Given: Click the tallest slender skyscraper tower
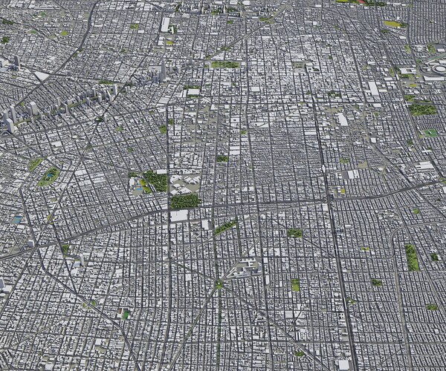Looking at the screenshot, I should pyautogui.click(x=163, y=70).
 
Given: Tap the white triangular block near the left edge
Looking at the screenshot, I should pyautogui.click(x=42, y=76).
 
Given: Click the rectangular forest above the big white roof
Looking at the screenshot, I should pyautogui.click(x=184, y=201).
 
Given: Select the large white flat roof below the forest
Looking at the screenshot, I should pyautogui.click(x=180, y=216).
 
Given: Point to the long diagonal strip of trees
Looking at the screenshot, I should pyautogui.click(x=224, y=226).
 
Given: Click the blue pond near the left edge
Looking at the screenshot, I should pyautogui.click(x=17, y=220).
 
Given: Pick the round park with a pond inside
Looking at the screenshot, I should pyautogui.click(x=49, y=177).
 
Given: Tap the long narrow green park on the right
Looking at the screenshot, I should pyautogui.click(x=412, y=257).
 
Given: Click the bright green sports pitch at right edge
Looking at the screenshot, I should pyautogui.click(x=430, y=134).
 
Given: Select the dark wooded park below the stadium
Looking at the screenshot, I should pyautogui.click(x=422, y=109).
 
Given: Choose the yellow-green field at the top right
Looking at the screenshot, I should pyautogui.click(x=392, y=24).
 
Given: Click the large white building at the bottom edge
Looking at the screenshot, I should pyautogui.click(x=343, y=364).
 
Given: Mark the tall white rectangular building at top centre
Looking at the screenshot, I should pyautogui.click(x=165, y=24).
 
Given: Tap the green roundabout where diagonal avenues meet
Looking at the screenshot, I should pyautogui.click(x=219, y=284).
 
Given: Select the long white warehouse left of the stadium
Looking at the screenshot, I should pyautogui.click(x=373, y=88).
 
